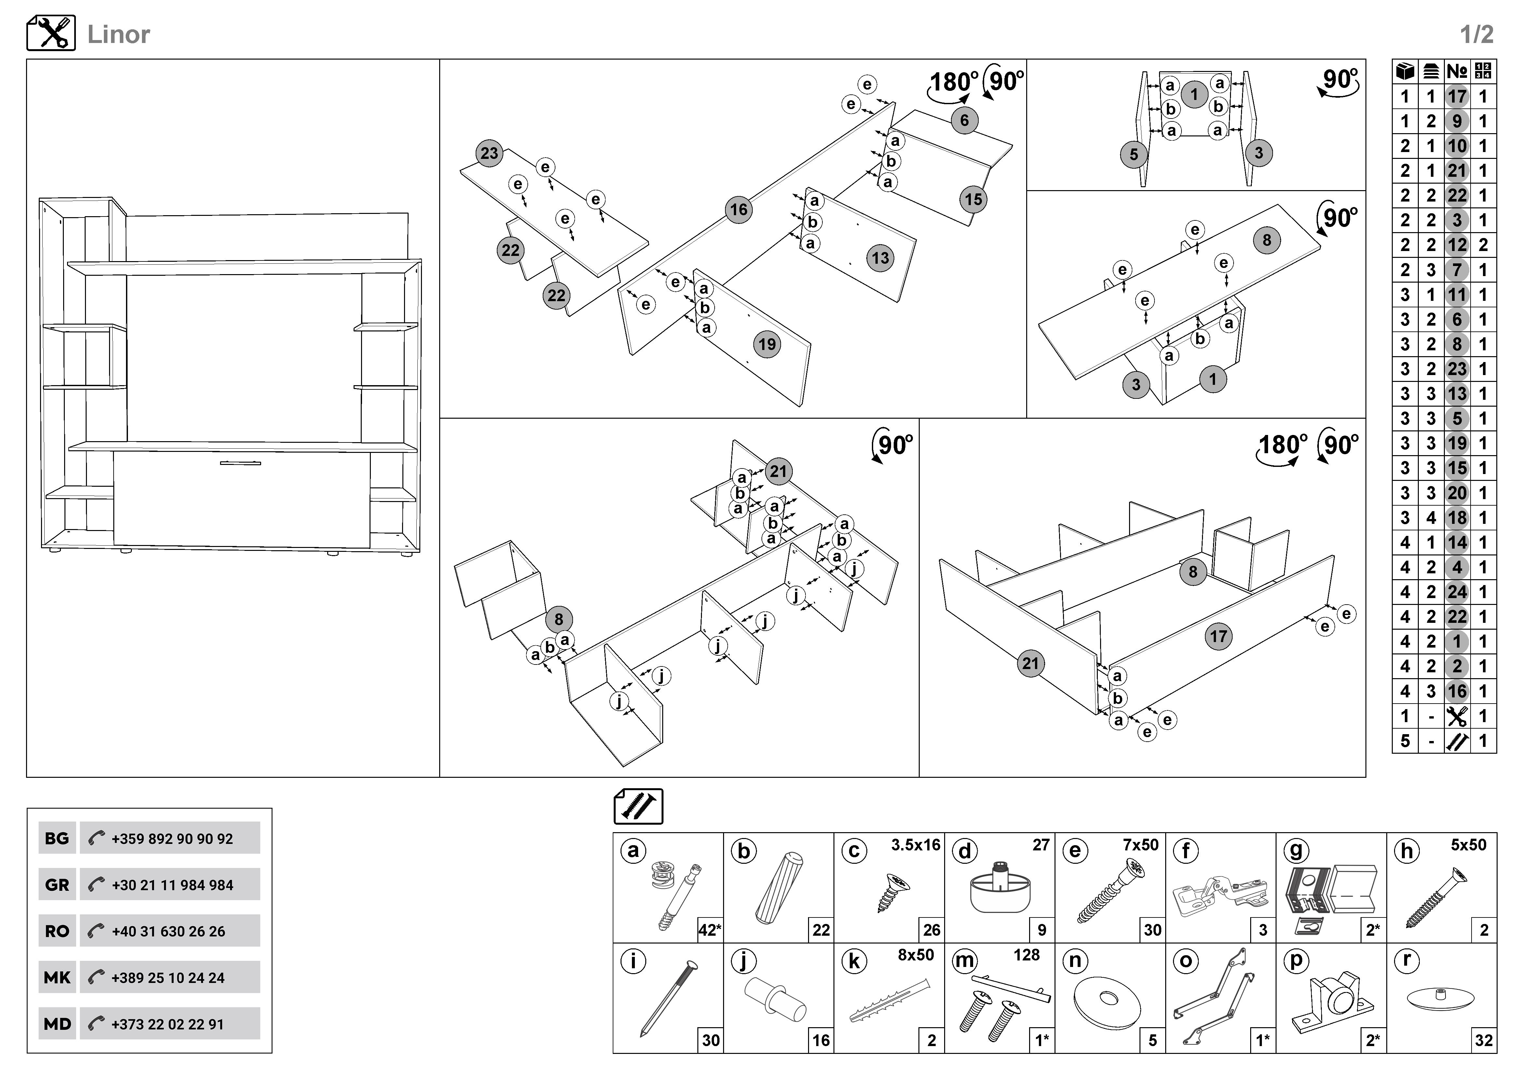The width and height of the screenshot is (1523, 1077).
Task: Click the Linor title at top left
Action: click(x=119, y=35)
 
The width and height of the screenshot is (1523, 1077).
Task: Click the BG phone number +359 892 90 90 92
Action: click(x=172, y=839)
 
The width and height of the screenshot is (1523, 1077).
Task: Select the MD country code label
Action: click(x=57, y=1024)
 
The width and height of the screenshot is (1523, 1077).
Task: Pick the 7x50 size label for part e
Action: click(x=1140, y=845)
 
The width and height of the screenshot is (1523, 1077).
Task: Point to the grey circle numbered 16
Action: click(x=738, y=210)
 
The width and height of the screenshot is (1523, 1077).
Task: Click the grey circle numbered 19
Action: click(x=767, y=344)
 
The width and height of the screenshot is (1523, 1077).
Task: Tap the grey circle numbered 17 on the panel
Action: click(x=1218, y=636)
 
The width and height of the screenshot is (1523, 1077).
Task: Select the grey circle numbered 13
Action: click(x=880, y=258)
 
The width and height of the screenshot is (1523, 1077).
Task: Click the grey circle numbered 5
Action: click(x=1134, y=155)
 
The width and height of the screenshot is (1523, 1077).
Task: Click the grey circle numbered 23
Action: click(x=489, y=153)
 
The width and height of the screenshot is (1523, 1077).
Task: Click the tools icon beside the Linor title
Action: click(x=51, y=33)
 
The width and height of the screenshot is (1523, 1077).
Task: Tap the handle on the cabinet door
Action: click(x=241, y=463)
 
